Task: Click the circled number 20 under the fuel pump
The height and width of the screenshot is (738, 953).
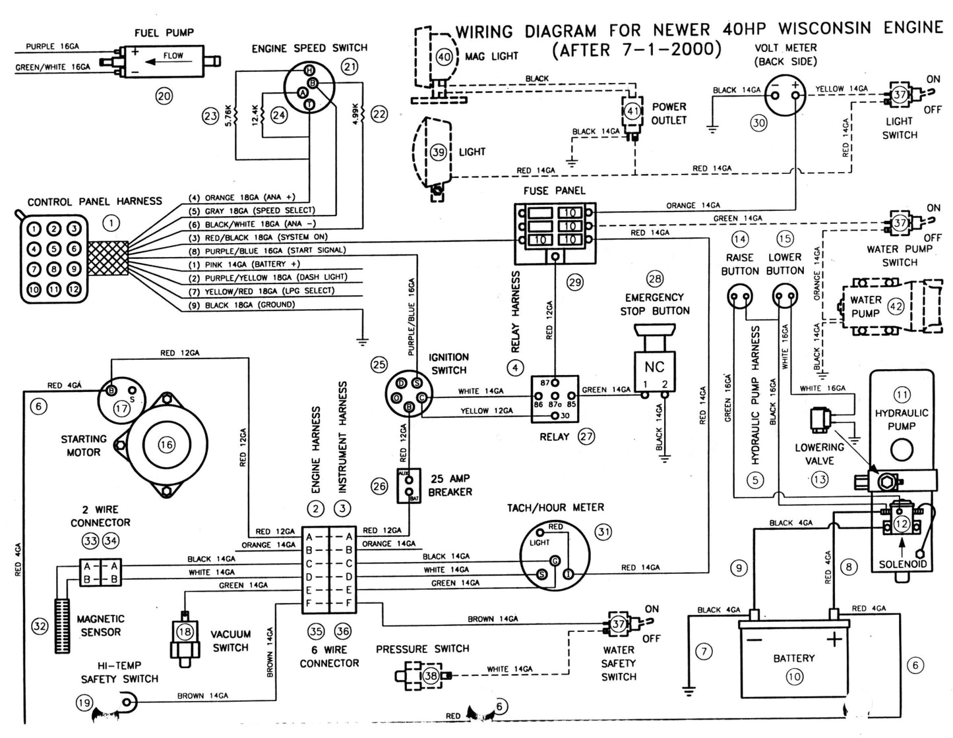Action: pyautogui.click(x=164, y=96)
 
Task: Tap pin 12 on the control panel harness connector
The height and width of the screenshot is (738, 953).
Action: pyautogui.click(x=75, y=289)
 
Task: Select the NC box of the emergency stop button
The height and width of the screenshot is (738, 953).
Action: pyautogui.click(x=654, y=367)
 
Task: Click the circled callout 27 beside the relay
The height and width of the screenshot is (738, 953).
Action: pyautogui.click(x=586, y=436)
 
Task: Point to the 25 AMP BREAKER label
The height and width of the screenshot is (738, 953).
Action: pyautogui.click(x=450, y=486)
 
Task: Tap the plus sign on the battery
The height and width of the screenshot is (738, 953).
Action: pyautogui.click(x=835, y=639)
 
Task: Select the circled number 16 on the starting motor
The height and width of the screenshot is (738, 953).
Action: pyautogui.click(x=166, y=445)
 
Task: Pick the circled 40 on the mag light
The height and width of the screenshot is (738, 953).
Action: pyautogui.click(x=445, y=57)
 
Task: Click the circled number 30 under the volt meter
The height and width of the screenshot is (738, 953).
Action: pyautogui.click(x=759, y=122)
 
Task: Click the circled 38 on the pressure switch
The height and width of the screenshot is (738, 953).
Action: pyautogui.click(x=431, y=675)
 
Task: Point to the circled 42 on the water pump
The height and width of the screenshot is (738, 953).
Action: pyautogui.click(x=896, y=306)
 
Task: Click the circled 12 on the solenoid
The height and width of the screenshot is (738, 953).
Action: pyautogui.click(x=901, y=524)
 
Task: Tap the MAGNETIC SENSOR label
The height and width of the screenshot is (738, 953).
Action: pyautogui.click(x=100, y=625)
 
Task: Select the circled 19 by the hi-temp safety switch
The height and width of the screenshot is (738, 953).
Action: pyautogui.click(x=84, y=703)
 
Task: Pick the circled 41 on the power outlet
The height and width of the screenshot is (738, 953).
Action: pyautogui.click(x=633, y=111)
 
